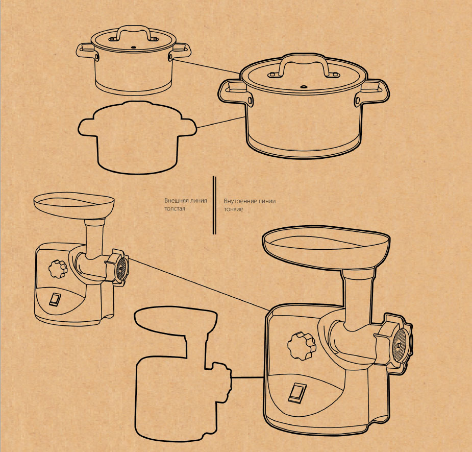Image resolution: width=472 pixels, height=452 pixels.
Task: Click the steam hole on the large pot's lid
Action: (304, 87)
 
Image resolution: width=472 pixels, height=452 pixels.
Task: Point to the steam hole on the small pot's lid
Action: (134, 47)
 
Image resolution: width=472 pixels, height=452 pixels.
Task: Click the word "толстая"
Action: (175, 208)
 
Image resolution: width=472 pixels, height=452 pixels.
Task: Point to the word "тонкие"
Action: (233, 209)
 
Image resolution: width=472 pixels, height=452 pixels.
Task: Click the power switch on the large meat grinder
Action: (297, 393)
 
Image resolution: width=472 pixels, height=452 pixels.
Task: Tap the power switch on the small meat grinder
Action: (55, 300)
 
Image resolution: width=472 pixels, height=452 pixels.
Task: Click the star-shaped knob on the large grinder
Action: (302, 346)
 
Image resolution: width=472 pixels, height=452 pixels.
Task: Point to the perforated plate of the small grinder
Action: (122, 266)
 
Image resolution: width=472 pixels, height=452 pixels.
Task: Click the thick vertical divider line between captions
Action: (214, 205)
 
